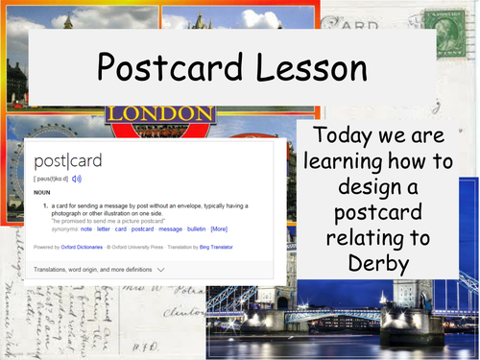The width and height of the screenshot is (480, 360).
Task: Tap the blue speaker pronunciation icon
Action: point(77,178)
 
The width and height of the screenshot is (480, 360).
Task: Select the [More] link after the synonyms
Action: point(219,229)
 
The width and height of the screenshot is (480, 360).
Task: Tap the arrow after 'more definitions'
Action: point(159,271)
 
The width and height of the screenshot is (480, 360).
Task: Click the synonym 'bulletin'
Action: point(195,229)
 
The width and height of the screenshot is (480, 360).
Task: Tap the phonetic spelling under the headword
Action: point(52,178)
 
